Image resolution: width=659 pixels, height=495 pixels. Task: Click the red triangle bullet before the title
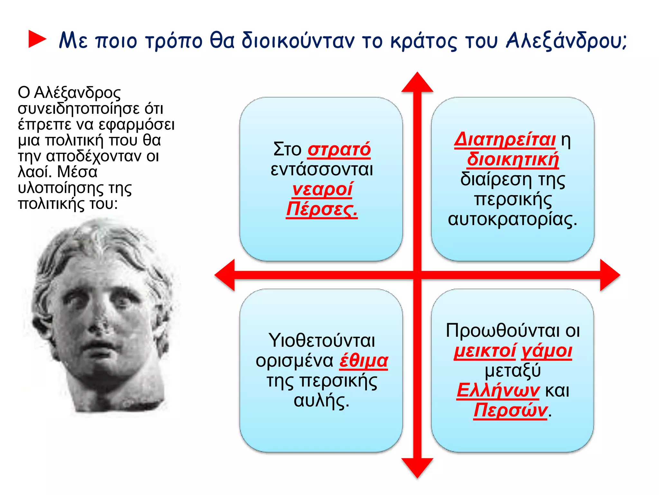pyautogui.click(x=37, y=39)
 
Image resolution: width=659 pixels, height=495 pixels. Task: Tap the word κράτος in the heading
pyautogui.click(x=423, y=41)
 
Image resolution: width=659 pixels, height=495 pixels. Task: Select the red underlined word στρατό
pyautogui.click(x=339, y=150)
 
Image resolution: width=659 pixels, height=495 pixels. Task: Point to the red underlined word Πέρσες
pyautogui.click(x=322, y=209)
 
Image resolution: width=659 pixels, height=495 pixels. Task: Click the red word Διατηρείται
pyautogui.click(x=505, y=140)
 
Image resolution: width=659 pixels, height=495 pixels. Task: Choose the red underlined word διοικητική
pyautogui.click(x=513, y=160)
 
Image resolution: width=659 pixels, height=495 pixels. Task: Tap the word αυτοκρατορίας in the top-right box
pyautogui.click(x=512, y=219)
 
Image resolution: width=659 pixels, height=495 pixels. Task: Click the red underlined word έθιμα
pyautogui.click(x=364, y=361)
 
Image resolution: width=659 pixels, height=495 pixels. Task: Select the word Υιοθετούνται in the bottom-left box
pyautogui.click(x=322, y=341)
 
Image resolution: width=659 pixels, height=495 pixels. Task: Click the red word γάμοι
pyautogui.click(x=547, y=351)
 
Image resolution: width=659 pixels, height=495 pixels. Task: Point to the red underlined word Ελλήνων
pyautogui.click(x=498, y=391)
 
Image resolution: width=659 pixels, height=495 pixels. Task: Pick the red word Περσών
pyautogui.click(x=510, y=411)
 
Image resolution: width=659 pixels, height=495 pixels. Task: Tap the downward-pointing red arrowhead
pyautogui.click(x=417, y=467)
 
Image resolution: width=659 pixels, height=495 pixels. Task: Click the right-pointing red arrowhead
pyautogui.click(x=609, y=275)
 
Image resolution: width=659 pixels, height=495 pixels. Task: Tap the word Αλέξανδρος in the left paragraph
pyautogui.click(x=77, y=93)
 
